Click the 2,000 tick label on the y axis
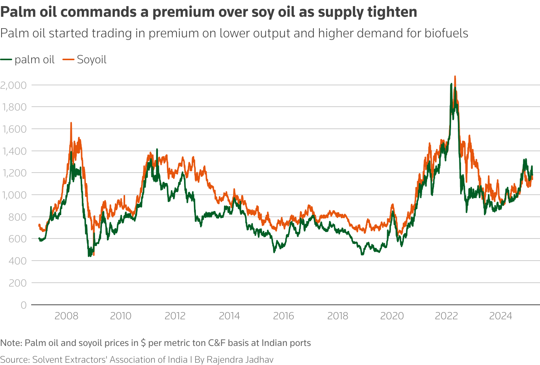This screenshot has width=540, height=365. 13,85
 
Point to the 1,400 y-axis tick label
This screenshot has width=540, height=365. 14,151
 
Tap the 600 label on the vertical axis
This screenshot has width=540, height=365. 18,239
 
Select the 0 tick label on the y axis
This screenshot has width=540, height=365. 24,305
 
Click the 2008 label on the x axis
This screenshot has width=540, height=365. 66,316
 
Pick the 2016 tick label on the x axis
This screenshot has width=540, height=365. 284,316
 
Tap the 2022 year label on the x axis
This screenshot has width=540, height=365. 446,316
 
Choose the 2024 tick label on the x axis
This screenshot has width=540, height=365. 500,316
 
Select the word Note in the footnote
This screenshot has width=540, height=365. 10,343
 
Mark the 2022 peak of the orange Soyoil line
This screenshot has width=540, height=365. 455,76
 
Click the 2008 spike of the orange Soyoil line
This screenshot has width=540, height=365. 71,123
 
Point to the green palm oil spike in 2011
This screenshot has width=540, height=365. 157,149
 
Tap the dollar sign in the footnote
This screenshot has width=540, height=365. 143,343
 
